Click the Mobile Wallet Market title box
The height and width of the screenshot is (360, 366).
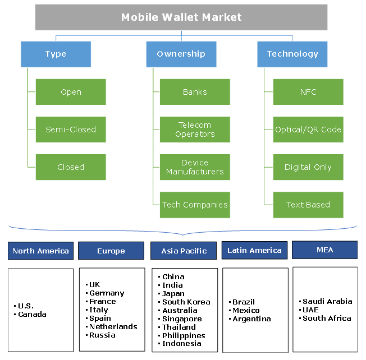(181, 17)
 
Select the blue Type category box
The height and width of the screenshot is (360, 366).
(56, 54)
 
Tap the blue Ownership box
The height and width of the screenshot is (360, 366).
(181, 54)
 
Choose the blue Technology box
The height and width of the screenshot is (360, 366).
(292, 54)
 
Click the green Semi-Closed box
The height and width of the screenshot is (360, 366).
(71, 130)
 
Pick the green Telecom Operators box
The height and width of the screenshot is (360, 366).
(195, 130)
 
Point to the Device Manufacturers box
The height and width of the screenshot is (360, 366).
(195, 167)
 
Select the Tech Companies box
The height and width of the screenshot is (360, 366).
(195, 205)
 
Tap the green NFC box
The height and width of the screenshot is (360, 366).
(308, 92)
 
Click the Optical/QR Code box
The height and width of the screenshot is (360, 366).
(308, 130)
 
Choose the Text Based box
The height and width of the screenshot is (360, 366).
(308, 205)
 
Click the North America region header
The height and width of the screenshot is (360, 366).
(40, 251)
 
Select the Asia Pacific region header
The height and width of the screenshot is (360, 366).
(184, 251)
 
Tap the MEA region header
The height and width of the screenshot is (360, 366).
(325, 250)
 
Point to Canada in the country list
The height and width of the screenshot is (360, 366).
(32, 315)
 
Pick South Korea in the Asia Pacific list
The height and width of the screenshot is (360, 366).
(186, 302)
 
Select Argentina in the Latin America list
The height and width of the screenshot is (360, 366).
(251, 319)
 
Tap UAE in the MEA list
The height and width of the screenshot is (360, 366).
(311, 310)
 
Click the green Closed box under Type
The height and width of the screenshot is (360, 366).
(71, 167)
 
